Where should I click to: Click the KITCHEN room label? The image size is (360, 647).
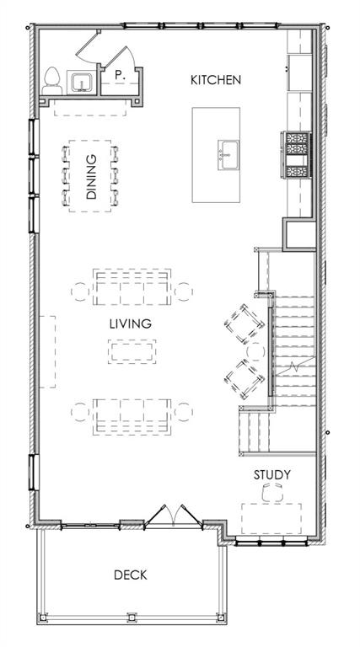tap(216, 80)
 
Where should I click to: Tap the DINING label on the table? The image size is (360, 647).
tap(91, 177)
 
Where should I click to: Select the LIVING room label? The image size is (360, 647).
tap(131, 323)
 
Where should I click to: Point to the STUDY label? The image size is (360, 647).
tap(272, 475)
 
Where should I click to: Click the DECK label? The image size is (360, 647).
tap(131, 575)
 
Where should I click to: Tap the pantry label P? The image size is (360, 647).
tap(120, 75)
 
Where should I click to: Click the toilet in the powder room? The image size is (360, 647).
tap(52, 81)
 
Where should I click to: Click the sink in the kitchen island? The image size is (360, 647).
tap(228, 155)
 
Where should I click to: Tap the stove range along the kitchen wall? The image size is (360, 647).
tap(296, 155)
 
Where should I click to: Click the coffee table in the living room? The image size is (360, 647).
tap(132, 351)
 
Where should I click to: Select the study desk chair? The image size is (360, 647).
tap(272, 492)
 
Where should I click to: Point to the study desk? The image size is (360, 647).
tap(271, 518)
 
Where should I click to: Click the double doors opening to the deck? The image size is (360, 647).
tap(174, 517)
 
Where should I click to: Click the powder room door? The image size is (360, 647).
tap(88, 46)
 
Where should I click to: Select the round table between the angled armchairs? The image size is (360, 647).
tap(255, 352)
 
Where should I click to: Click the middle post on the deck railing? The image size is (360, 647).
tap(132, 618)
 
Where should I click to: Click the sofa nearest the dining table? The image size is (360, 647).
tap(132, 286)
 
